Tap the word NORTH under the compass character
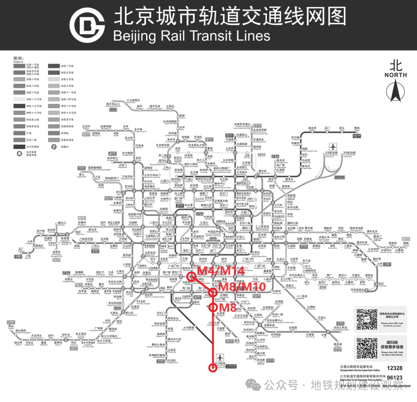[x=395, y=75]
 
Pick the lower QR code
[x=366, y=348]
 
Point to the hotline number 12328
[x=394, y=368]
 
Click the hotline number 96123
[x=394, y=378]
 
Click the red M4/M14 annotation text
[x=221, y=271]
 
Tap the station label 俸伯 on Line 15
[x=356, y=128]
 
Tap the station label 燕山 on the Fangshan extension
[x=8, y=326]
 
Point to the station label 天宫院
[x=172, y=361]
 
